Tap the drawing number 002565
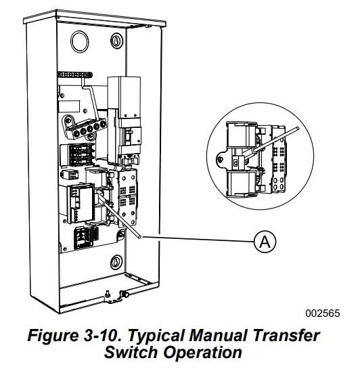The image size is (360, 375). click(x=323, y=313)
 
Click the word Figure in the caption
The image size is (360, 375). click(x=53, y=336)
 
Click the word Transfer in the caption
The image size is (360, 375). click(x=286, y=335)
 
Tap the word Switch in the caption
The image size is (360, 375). click(x=131, y=352)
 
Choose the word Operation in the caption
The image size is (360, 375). click(x=202, y=353)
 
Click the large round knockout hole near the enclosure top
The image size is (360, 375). click(x=80, y=41)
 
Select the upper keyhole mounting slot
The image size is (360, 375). click(x=116, y=41)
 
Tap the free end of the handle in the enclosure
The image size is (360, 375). click(x=139, y=236)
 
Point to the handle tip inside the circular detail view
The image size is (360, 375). click(x=297, y=129)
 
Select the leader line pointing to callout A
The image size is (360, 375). click(x=198, y=239)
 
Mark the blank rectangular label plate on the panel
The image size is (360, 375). click(x=69, y=106)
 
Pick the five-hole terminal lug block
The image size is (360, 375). click(x=85, y=128)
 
